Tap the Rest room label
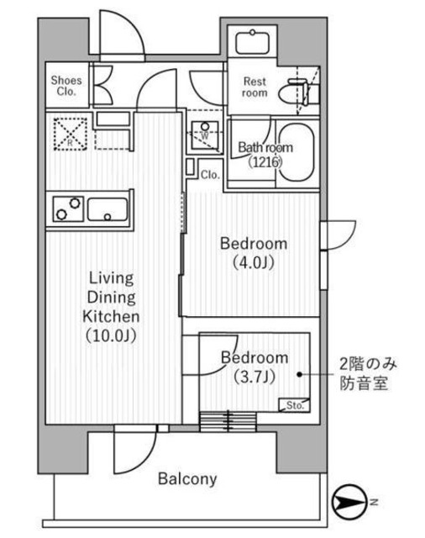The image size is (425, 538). point(254,87)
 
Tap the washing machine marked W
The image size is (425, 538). point(204,134)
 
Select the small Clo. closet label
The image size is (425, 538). point(210,175)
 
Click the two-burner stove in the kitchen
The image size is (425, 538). point(68,207)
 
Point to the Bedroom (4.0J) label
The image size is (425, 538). point(253,252)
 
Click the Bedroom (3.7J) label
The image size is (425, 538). point(253,366)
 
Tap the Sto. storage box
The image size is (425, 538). point(294,405)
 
